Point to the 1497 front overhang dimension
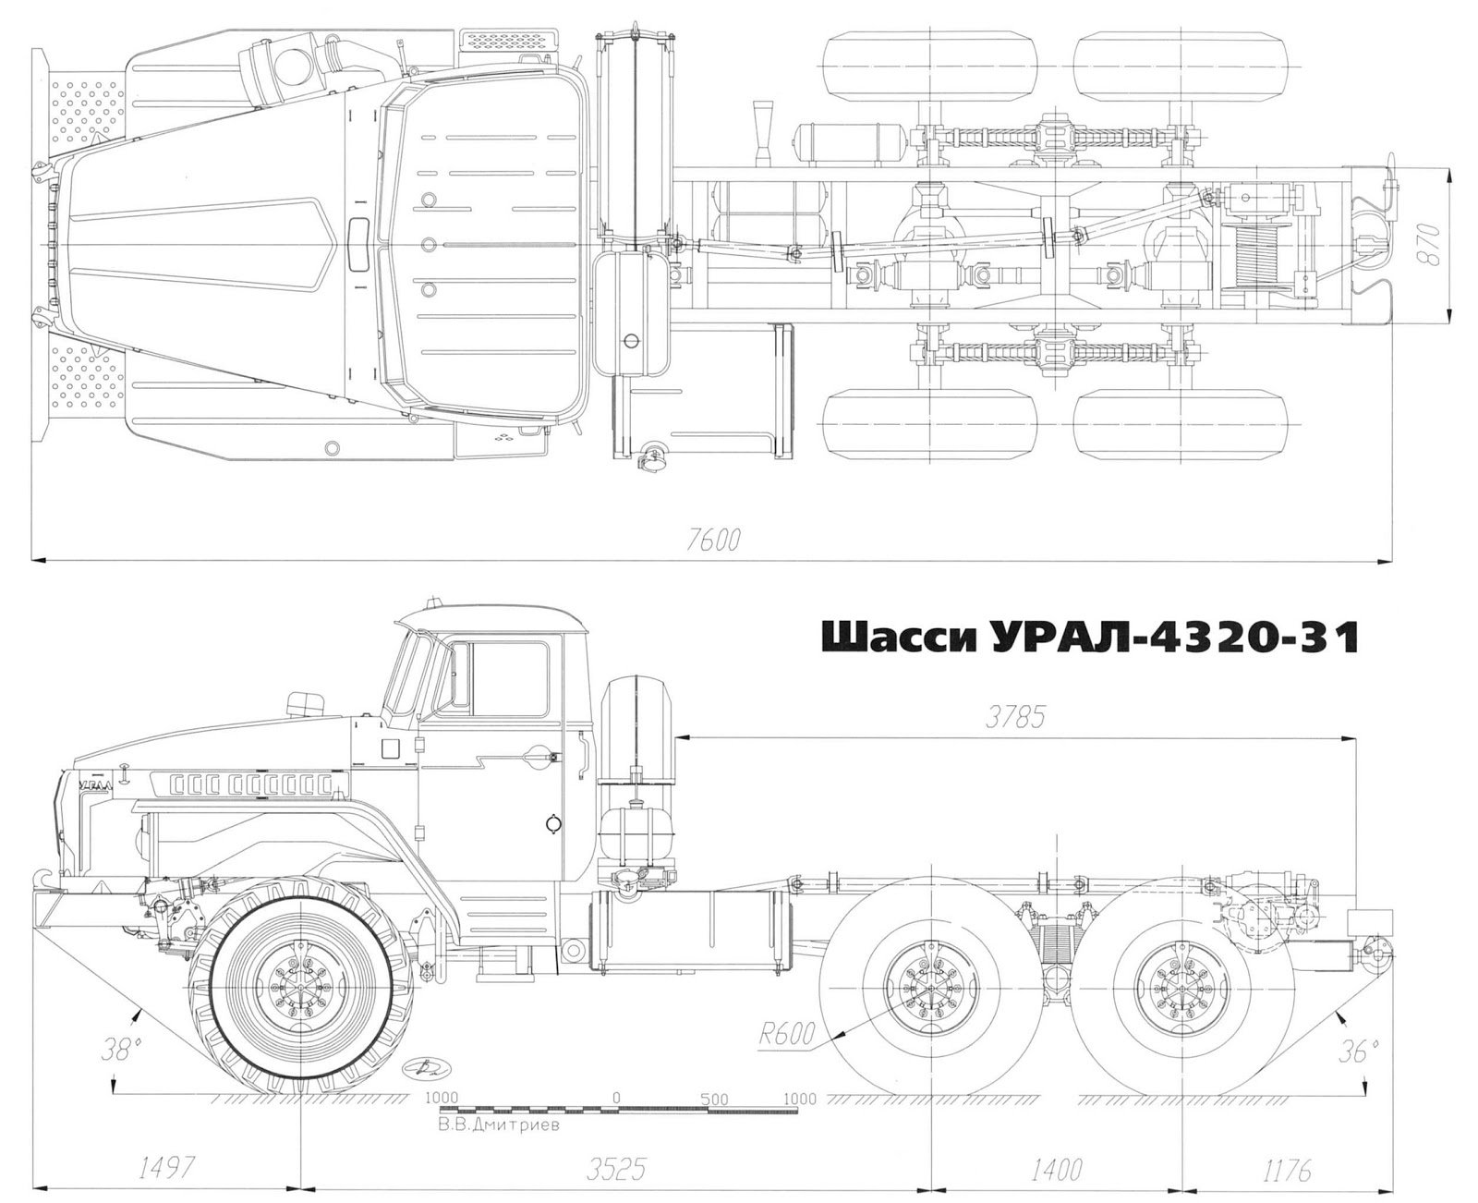[164, 1150]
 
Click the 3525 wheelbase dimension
[616, 1151]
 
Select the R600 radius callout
[786, 1035]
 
